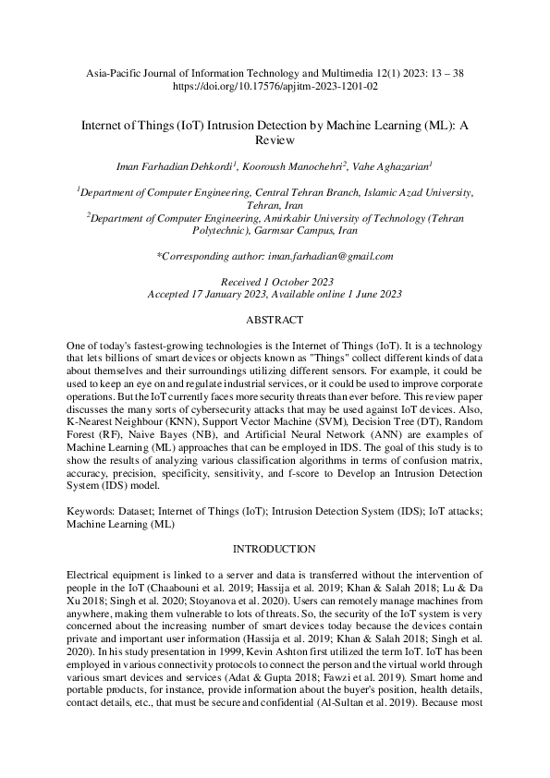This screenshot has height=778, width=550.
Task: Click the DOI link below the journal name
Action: (275, 86)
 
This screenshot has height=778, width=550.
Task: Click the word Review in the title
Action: (275, 140)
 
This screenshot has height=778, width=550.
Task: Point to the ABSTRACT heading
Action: (275, 320)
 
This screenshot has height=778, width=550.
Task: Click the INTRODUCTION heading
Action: (275, 548)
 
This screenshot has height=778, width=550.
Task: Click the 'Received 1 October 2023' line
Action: (275, 281)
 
